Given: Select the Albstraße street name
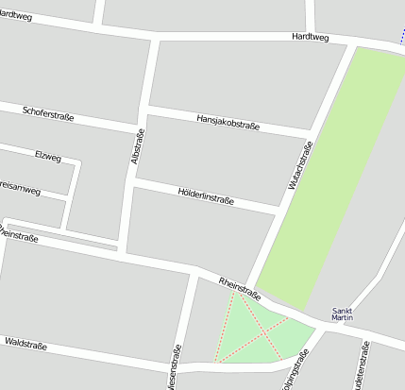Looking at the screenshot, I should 138,146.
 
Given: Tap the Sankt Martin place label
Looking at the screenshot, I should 343,314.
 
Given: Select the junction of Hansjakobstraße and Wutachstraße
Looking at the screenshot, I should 311,133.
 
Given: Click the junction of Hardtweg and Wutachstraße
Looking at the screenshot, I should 354,42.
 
